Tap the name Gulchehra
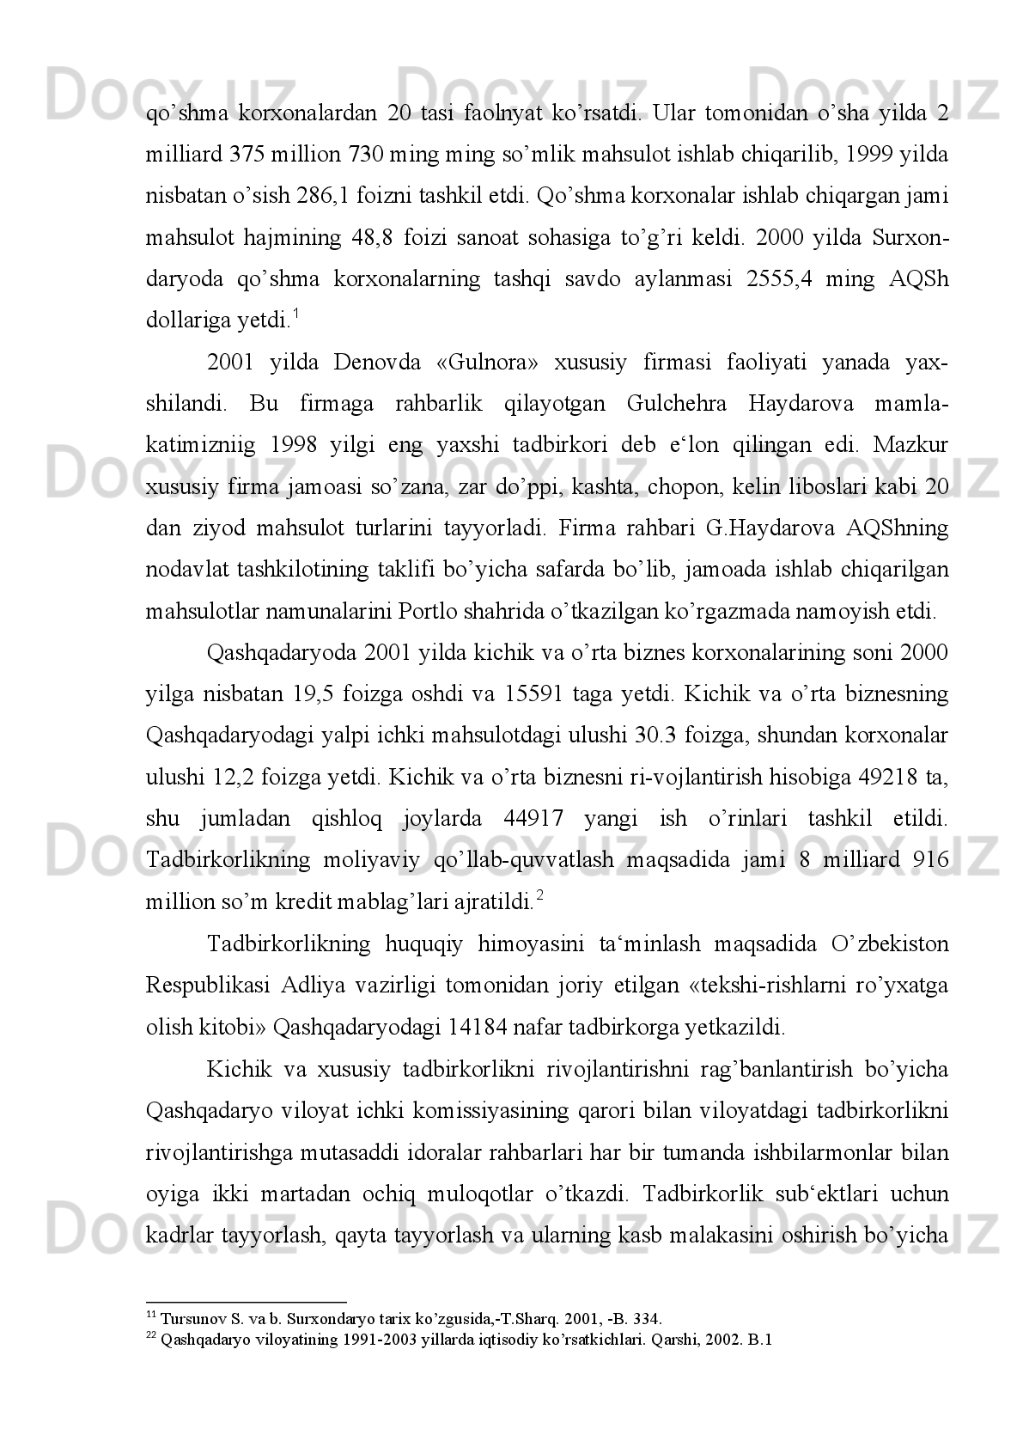click(x=673, y=403)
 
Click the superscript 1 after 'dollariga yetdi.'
click(x=295, y=314)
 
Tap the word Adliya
click(x=314, y=985)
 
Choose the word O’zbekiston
click(x=889, y=943)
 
